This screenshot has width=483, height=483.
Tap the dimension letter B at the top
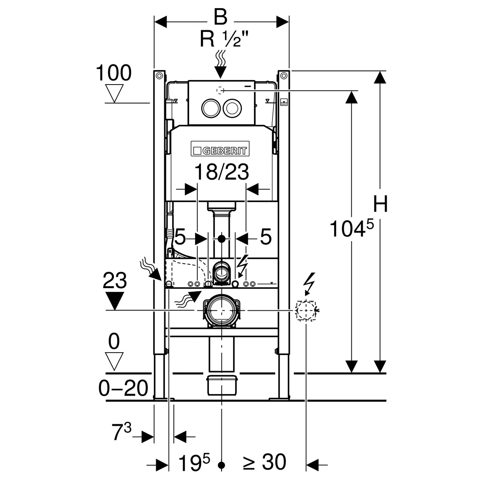click(221, 18)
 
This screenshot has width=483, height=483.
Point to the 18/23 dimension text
click(221, 173)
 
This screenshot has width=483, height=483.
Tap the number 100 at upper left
click(114, 74)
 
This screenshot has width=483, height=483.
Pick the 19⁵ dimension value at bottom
click(195, 462)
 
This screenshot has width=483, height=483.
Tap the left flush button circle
click(209, 108)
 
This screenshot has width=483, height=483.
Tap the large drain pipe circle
click(221, 310)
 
